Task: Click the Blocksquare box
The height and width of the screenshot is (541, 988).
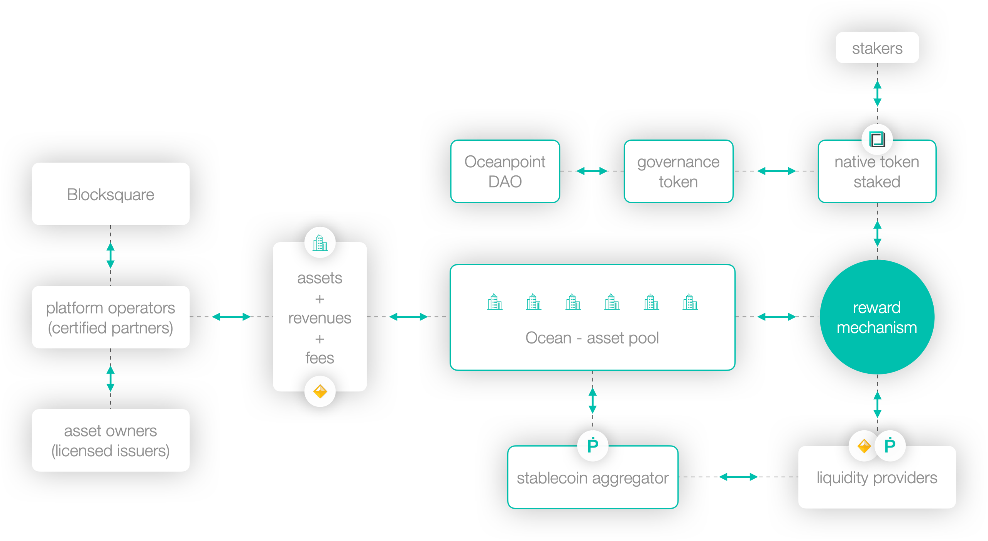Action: pyautogui.click(x=111, y=194)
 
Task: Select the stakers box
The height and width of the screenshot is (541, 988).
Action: pyautogui.click(x=877, y=48)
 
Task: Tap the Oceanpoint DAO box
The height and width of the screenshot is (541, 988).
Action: pyautogui.click(x=505, y=171)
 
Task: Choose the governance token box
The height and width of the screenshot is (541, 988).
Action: pyautogui.click(x=678, y=171)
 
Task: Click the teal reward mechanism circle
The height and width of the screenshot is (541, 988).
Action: pyautogui.click(x=877, y=317)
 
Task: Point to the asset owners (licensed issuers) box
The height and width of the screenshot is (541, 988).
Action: pyautogui.click(x=111, y=440)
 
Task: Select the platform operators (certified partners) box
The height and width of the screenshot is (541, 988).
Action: pyautogui.click(x=111, y=317)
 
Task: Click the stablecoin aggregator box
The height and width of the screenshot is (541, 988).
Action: pyautogui.click(x=592, y=478)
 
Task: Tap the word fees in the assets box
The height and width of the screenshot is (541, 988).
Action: pyautogui.click(x=320, y=358)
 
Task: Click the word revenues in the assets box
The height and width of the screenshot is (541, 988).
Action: pyautogui.click(x=320, y=318)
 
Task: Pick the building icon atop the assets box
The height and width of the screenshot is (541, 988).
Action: pyautogui.click(x=320, y=243)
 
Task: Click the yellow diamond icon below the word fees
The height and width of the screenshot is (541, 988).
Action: pyautogui.click(x=320, y=391)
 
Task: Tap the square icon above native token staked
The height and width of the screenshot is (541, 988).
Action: pyautogui.click(x=877, y=139)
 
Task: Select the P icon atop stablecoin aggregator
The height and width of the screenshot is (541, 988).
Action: pyautogui.click(x=592, y=445)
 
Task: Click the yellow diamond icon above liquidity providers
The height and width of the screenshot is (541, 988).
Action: pyautogui.click(x=864, y=446)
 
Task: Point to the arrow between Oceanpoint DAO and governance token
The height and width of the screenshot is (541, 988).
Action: pyautogui.click(x=592, y=171)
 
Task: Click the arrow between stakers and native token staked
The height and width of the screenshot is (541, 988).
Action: pyautogui.click(x=877, y=93)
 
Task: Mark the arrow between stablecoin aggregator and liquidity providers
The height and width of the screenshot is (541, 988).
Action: pyautogui.click(x=738, y=477)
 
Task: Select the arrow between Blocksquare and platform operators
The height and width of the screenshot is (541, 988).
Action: pyautogui.click(x=110, y=255)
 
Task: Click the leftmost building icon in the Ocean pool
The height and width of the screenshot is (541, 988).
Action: pyautogui.click(x=495, y=302)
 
